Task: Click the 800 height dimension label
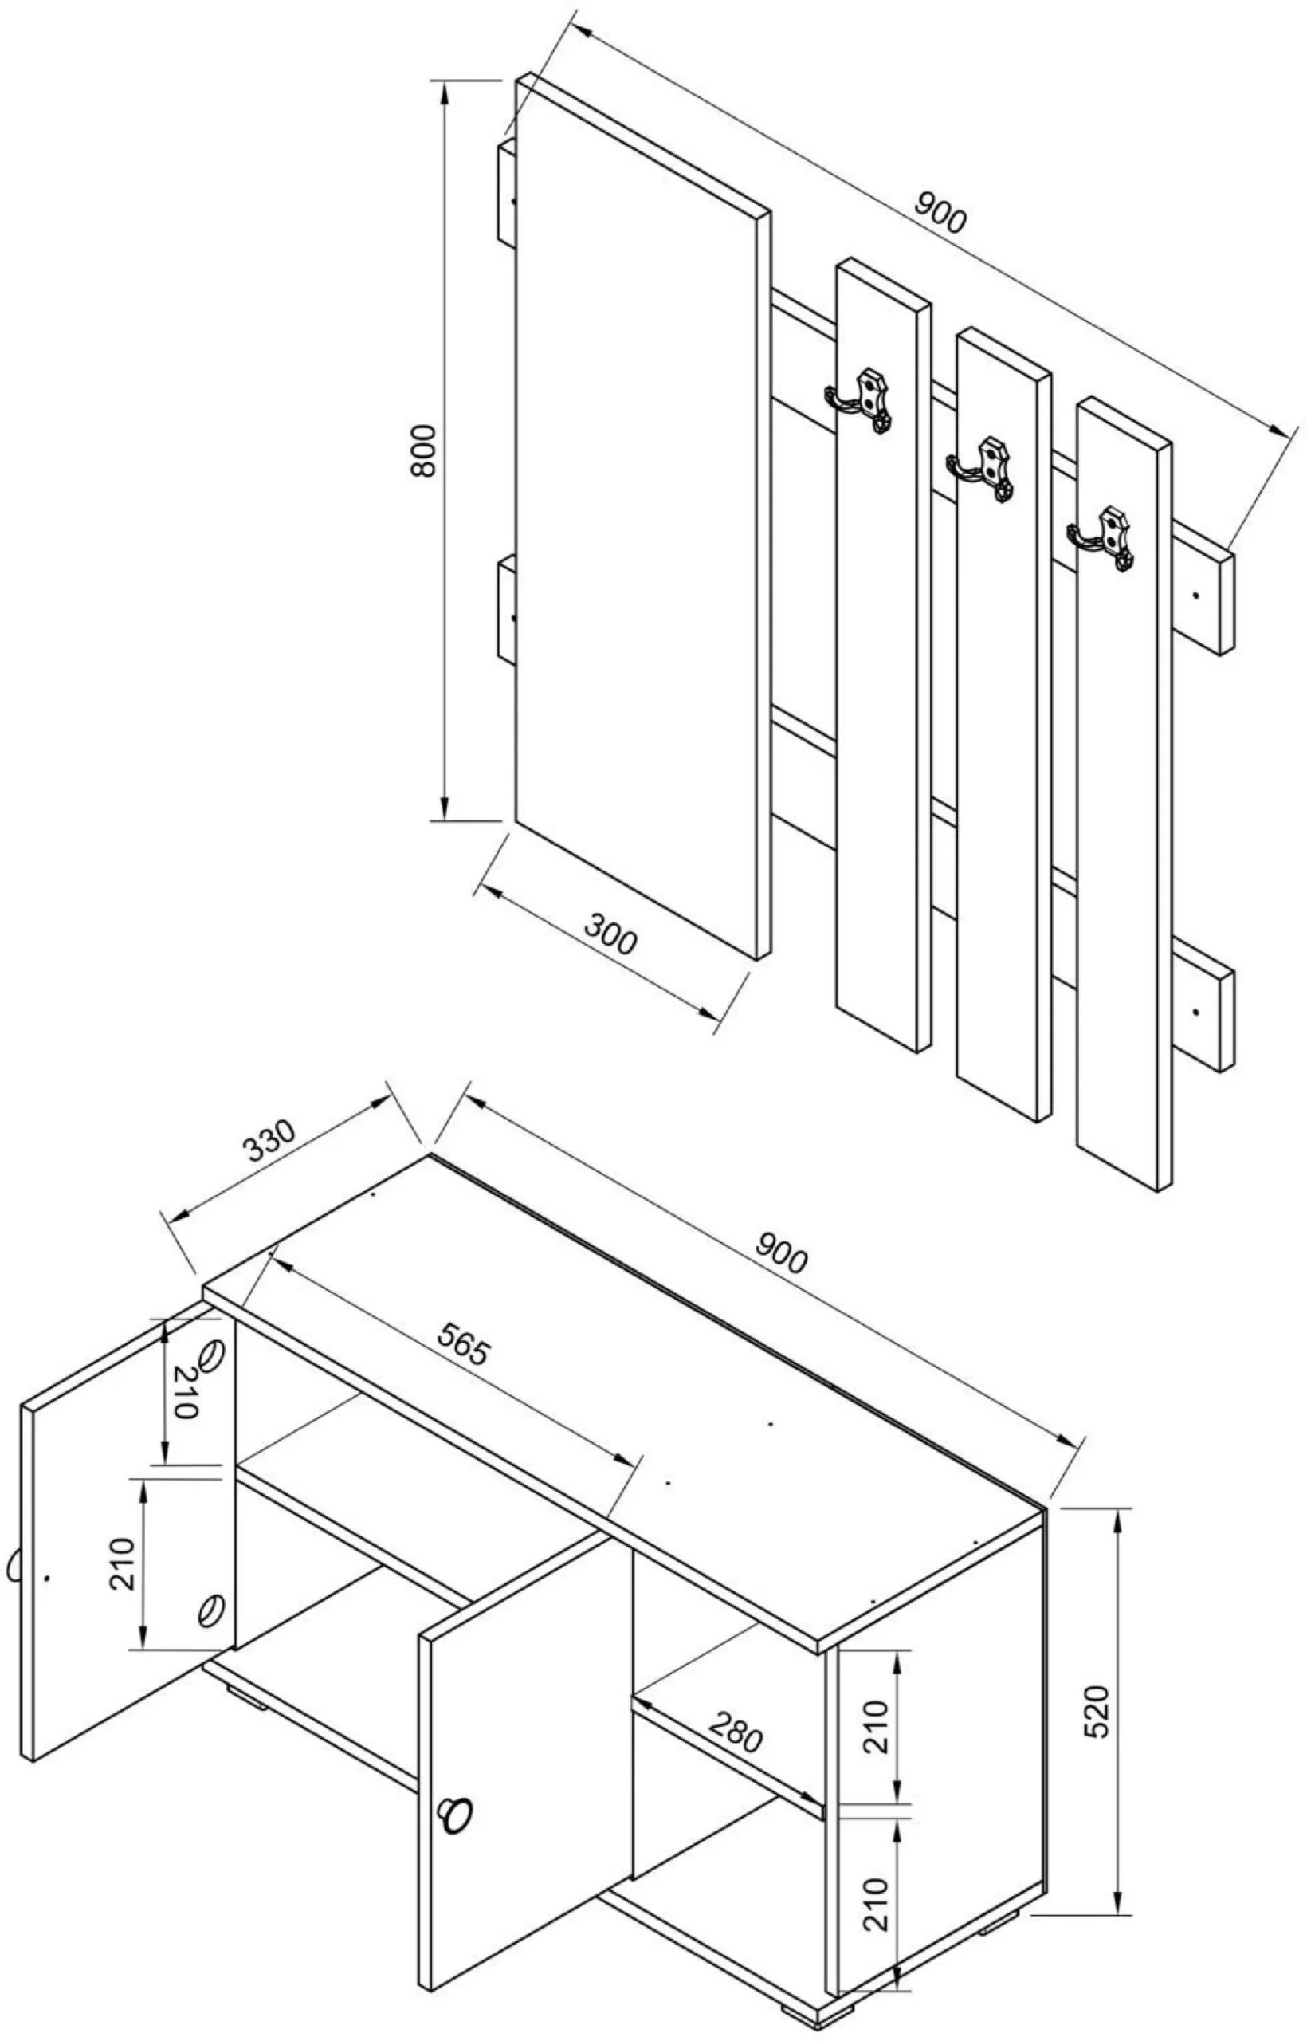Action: tap(422, 450)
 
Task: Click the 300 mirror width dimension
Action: tap(610, 934)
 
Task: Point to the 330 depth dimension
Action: tap(269, 1141)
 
